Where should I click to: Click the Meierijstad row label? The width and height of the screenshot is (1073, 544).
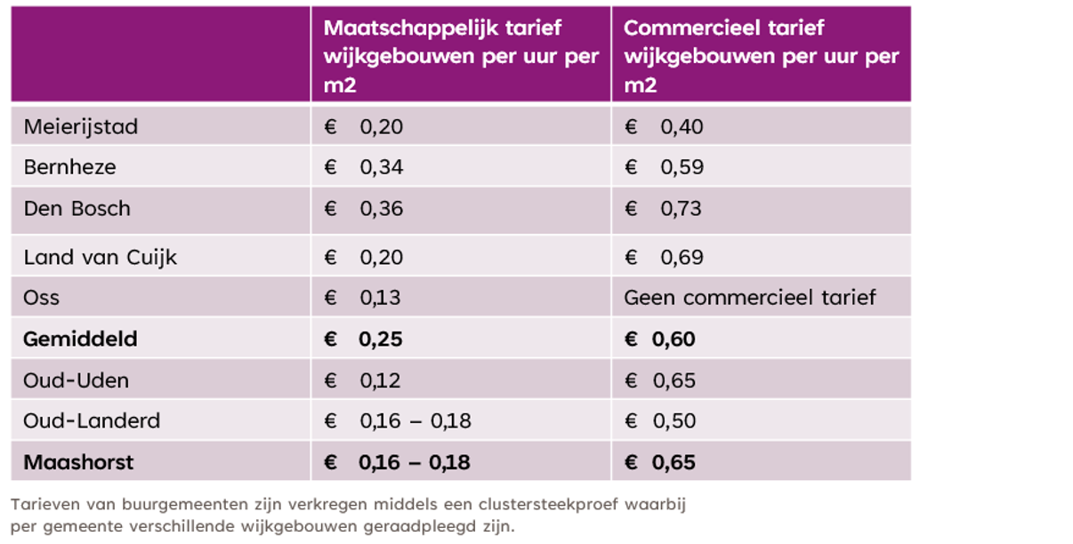81,127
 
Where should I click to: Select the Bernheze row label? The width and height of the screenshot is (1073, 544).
70,167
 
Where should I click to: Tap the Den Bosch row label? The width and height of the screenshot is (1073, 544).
77,209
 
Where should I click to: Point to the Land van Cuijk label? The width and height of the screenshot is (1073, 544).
101,258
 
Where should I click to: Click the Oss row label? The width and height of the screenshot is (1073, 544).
42,298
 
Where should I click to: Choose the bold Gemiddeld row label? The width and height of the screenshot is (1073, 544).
81,340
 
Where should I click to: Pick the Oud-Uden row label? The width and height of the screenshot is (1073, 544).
77,380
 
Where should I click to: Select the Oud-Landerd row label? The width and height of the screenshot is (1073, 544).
93,421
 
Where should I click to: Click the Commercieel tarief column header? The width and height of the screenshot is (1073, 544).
762,56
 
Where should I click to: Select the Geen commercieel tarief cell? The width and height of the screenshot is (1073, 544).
750,298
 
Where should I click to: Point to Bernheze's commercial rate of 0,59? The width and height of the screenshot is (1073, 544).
682,167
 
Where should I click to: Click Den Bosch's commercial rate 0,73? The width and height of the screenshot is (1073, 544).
681,209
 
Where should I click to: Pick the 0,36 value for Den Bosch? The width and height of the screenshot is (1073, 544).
381,209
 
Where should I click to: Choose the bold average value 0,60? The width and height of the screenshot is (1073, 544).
674,340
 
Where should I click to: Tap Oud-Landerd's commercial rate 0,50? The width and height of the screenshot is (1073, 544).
674,421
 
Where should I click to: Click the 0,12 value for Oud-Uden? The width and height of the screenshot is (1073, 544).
380,380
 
